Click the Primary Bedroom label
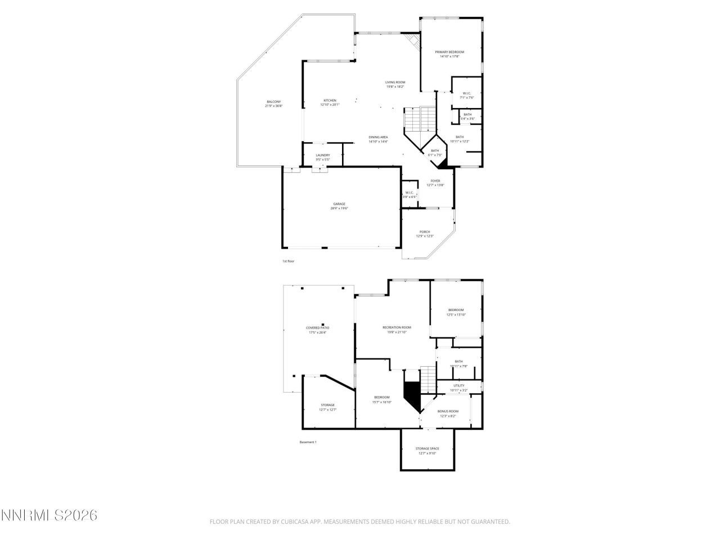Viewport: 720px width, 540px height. coord(449,52)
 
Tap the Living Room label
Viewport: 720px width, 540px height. coord(395,82)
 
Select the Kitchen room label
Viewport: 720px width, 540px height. coord(330,101)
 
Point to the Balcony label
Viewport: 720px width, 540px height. coord(274,102)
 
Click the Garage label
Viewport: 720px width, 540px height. coord(339,204)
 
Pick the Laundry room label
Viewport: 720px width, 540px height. coord(322,155)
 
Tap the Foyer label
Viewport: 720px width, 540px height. coord(435,181)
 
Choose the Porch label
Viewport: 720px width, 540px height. coord(425,232)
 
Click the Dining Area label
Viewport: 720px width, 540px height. coord(378,137)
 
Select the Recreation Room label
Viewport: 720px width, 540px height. coord(397,327)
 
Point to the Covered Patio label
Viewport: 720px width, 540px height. coord(317,327)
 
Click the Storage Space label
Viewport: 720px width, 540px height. coord(427,448)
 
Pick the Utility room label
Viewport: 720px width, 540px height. coord(458,386)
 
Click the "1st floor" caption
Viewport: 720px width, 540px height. coord(288,261)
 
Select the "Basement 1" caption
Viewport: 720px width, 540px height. coord(308,442)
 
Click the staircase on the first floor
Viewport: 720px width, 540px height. coord(421,118)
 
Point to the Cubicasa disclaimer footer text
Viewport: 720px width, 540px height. coord(359,521)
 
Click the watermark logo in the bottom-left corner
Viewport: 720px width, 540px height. coord(49,515)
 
